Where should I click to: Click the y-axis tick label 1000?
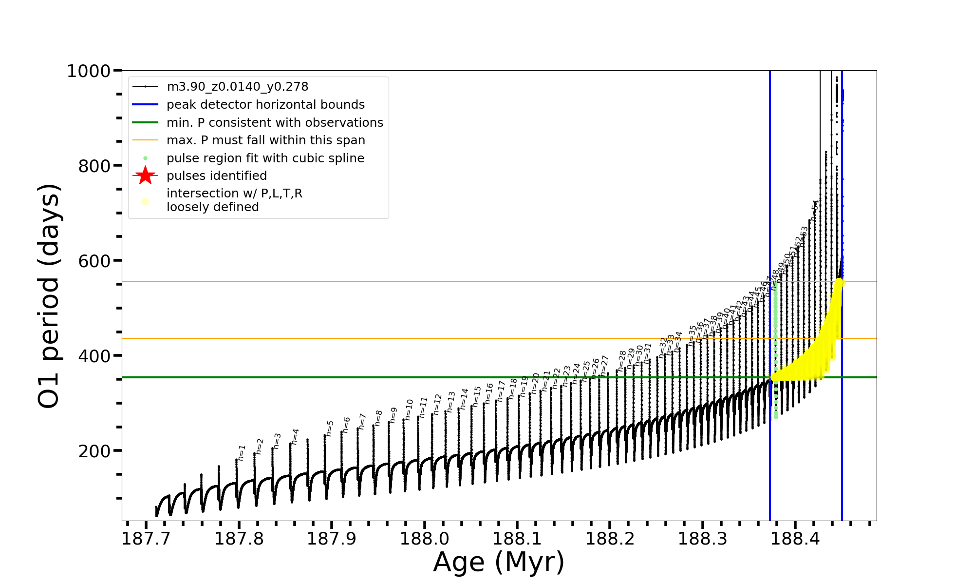coord(89,71)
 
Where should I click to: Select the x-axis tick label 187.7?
coord(146,539)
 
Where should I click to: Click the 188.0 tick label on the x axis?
coord(424,539)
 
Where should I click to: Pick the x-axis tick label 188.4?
coord(795,539)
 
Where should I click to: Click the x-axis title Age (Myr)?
coord(499,562)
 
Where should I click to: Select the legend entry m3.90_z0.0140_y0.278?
coord(237,87)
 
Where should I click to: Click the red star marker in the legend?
coord(145,175)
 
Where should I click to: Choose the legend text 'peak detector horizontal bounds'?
coord(265,105)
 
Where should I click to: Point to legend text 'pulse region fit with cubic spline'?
coord(265,158)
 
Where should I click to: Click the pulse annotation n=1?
coord(242,453)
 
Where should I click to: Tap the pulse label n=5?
coord(330,428)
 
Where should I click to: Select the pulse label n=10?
coord(409,409)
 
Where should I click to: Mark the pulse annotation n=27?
coord(604,366)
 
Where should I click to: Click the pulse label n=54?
coord(815,211)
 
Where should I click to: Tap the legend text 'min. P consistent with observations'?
coord(275,123)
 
